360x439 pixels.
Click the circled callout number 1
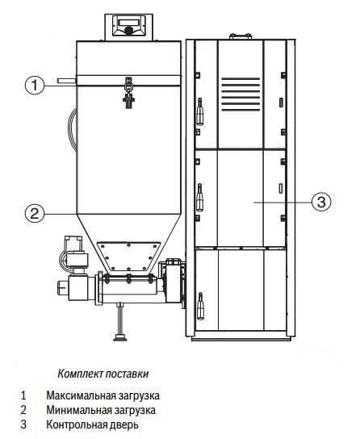click(35, 85)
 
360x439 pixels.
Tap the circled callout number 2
click(35, 214)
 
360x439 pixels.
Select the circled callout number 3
click(321, 202)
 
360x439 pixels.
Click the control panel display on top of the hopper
click(129, 22)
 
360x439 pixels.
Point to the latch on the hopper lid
click(128, 94)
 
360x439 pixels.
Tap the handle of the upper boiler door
click(200, 111)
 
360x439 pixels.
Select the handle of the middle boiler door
click(200, 198)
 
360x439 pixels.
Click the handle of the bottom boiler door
click(200, 306)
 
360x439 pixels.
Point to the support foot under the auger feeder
click(120, 321)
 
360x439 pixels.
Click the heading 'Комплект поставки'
click(103, 374)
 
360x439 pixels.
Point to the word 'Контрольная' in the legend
click(77, 424)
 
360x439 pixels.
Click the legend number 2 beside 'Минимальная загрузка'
click(23, 410)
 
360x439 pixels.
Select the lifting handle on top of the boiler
click(241, 36)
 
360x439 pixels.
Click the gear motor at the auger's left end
click(73, 272)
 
